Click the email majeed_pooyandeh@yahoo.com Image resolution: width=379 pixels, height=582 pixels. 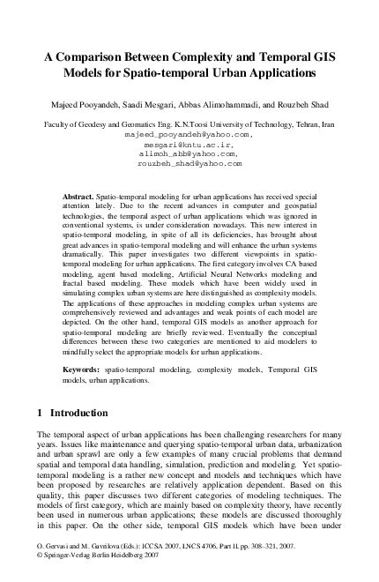[x=189, y=136]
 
